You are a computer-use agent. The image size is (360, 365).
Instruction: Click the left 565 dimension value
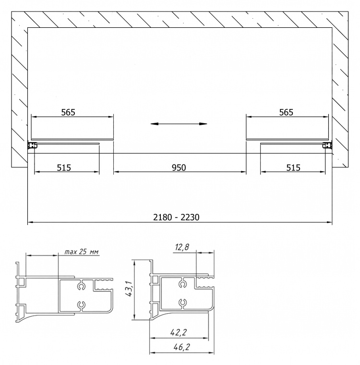pos(68,112)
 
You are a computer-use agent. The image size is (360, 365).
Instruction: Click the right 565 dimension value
pos(286,112)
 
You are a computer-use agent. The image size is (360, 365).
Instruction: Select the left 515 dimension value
pos(64,167)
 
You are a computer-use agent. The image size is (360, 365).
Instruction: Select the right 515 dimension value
pos(293,167)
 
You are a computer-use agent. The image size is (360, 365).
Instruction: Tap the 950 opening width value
pos(179,167)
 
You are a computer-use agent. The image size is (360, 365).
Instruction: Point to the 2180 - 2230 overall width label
pos(176,217)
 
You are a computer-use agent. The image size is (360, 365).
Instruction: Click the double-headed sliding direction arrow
pos(179,124)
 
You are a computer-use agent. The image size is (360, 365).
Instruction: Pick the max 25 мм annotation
pos(81,252)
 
